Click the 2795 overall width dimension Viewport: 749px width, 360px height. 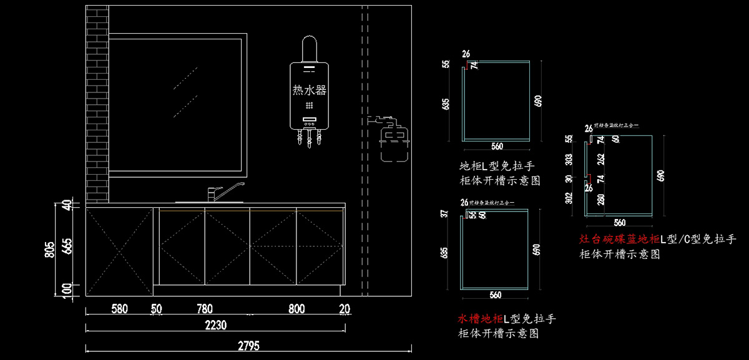(x=248, y=346)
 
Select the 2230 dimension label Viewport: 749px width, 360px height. (x=215, y=325)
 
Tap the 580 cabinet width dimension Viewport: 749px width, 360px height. (x=120, y=309)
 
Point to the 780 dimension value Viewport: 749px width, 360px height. (x=205, y=309)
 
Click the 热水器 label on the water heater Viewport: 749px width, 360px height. (x=310, y=90)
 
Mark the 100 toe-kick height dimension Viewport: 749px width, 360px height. (x=69, y=289)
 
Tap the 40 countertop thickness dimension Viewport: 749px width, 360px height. (x=69, y=205)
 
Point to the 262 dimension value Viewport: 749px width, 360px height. (x=600, y=160)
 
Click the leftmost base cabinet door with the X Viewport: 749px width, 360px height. (x=119, y=251)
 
